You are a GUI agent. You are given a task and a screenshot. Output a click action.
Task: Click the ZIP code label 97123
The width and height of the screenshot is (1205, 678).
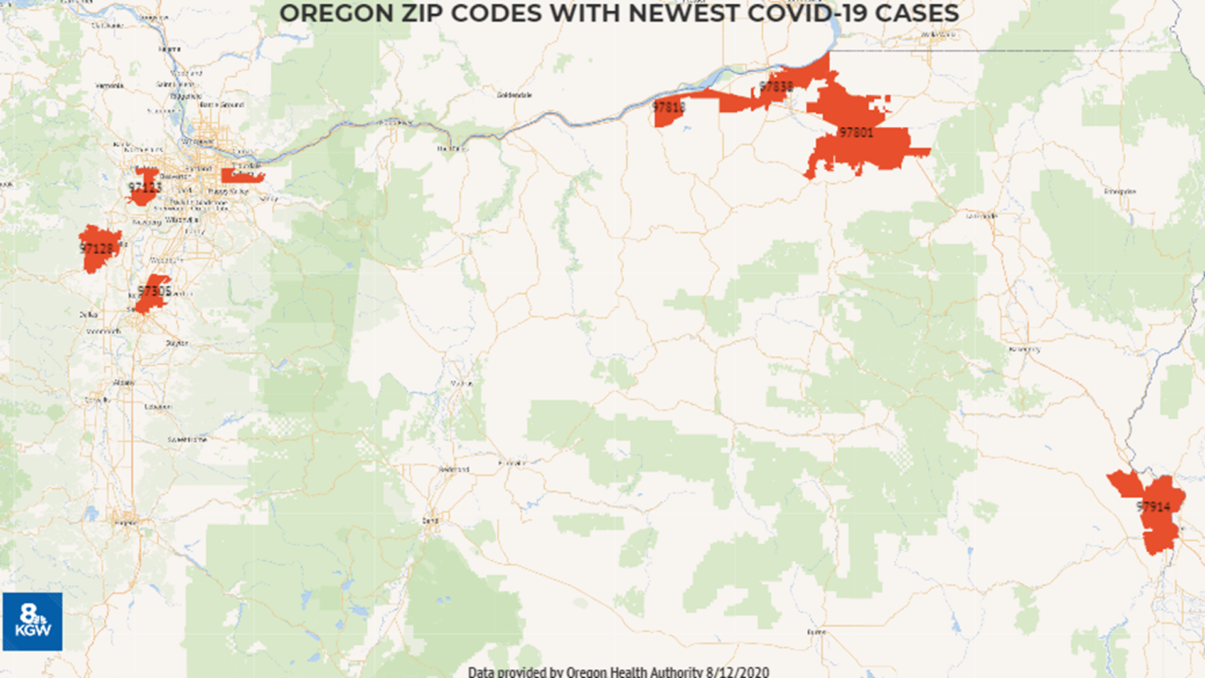[145, 187]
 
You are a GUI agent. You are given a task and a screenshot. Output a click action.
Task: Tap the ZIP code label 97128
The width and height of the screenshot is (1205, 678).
[97, 249]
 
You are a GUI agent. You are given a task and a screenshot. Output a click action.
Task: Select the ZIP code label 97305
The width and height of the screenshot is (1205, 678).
[154, 291]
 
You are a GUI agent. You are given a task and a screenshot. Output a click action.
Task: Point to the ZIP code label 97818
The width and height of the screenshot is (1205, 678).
[669, 107]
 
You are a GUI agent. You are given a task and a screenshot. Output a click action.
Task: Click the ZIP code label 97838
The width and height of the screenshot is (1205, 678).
[776, 87]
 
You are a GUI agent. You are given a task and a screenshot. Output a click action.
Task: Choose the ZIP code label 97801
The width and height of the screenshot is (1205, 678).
[856, 132]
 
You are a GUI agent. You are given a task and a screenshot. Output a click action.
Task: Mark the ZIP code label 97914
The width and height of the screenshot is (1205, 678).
[1154, 506]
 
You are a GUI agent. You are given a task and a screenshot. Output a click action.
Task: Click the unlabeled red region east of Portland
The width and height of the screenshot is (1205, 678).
[242, 176]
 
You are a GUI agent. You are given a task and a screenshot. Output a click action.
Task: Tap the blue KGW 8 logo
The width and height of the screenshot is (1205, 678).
[32, 621]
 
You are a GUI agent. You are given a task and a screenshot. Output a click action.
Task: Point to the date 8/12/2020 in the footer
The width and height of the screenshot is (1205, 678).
[737, 672]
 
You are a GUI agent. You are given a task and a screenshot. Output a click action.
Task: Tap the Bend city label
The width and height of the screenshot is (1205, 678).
[431, 520]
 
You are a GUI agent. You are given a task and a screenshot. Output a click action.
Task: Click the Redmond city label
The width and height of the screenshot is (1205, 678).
[454, 469]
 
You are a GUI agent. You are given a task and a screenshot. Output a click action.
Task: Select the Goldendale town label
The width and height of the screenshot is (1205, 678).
[514, 95]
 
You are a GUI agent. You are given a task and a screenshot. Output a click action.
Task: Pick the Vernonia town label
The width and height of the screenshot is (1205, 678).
[109, 85]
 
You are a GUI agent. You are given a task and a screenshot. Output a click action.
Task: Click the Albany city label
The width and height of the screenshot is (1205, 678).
[124, 382]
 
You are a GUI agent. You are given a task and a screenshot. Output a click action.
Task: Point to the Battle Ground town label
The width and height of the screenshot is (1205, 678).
[222, 105]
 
